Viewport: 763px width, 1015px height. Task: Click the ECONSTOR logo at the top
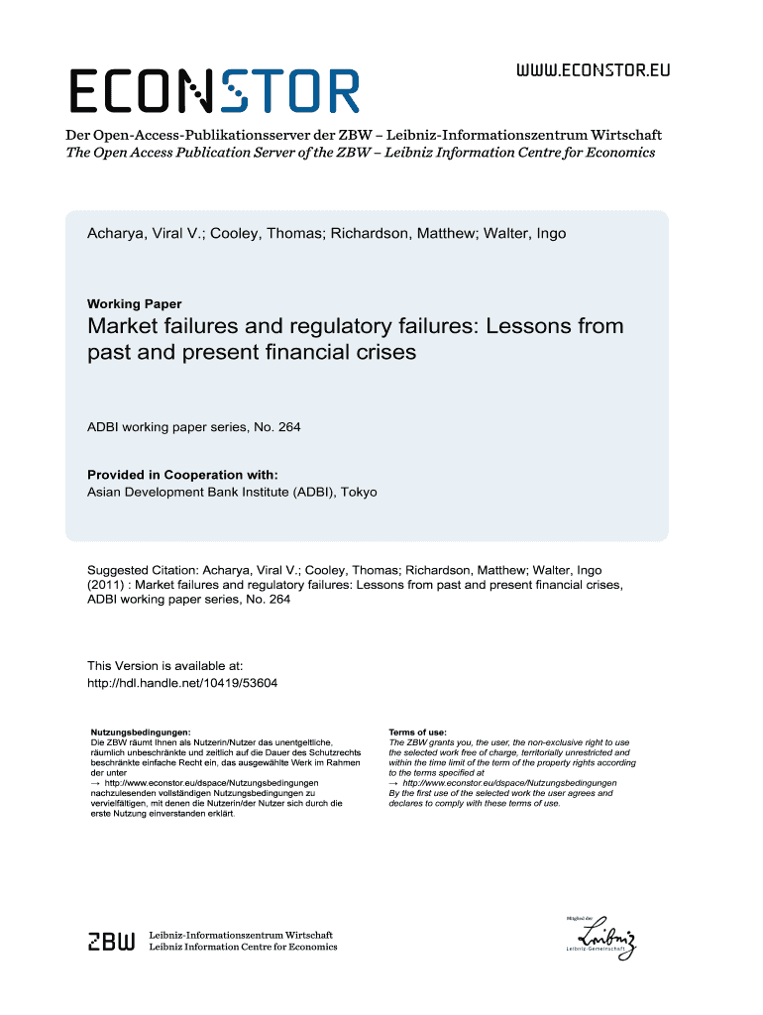(x=214, y=90)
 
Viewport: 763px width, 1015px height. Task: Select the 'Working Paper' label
(x=134, y=304)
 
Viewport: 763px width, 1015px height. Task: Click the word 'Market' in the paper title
(x=124, y=326)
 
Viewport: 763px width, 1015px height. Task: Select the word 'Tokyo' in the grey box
(x=357, y=492)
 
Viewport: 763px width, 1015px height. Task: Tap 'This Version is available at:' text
(x=164, y=666)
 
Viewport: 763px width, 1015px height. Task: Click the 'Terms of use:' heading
(x=417, y=732)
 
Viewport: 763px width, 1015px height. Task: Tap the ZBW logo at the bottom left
(x=111, y=942)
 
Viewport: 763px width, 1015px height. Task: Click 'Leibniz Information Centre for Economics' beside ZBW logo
(x=242, y=948)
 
